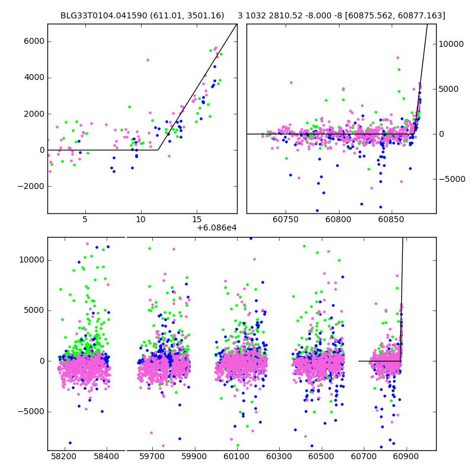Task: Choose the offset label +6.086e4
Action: [216, 228]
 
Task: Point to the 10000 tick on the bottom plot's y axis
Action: [32, 260]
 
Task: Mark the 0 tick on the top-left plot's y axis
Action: [41, 150]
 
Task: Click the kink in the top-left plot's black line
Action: [158, 150]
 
